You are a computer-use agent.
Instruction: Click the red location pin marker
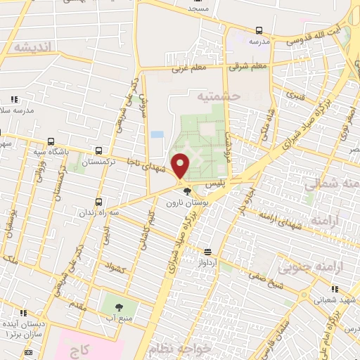pos(181,166)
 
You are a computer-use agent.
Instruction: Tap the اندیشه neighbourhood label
pos(27,47)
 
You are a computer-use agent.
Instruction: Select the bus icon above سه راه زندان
pos(98,201)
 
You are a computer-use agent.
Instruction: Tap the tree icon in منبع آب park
pos(117,307)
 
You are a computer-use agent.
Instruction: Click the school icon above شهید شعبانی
pos(334,288)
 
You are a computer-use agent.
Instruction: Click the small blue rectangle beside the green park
pos(157,134)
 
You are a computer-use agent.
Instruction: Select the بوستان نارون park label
pos(183,202)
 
